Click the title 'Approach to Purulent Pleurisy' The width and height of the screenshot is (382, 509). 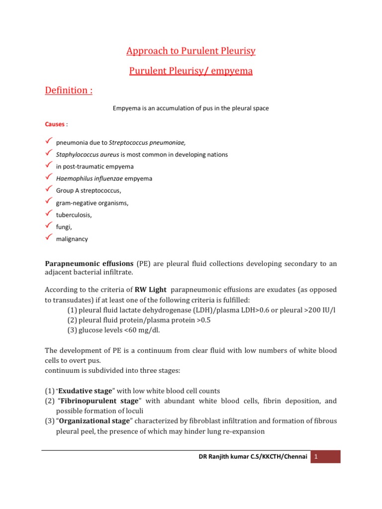pyautogui.click(x=191, y=51)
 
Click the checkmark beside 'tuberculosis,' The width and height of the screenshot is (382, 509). pyautogui.click(x=49, y=214)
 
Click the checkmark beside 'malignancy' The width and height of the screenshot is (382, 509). pyautogui.click(x=49, y=238)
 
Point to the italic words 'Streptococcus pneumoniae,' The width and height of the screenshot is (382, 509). pyautogui.click(x=144, y=143)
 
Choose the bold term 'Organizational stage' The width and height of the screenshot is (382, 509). pyautogui.click(x=95, y=421)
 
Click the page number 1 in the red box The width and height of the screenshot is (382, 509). pyautogui.click(x=326, y=456)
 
